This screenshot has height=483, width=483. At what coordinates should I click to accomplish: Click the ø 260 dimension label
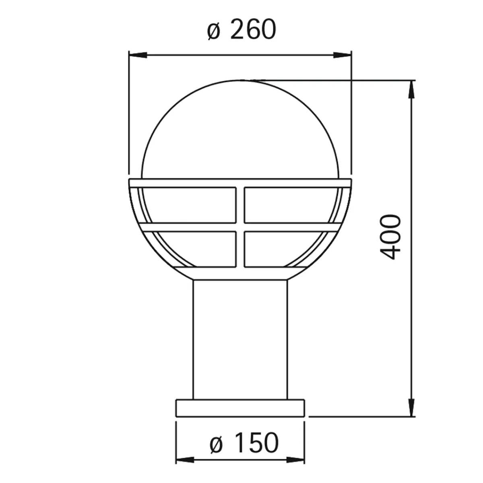click(242, 29)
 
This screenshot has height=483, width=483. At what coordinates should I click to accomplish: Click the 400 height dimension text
click(390, 237)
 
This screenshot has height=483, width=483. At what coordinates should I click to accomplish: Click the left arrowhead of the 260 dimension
click(137, 55)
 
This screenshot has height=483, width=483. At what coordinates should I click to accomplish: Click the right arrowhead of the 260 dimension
click(342, 55)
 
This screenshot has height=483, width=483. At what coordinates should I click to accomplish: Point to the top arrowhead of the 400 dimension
click(411, 89)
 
